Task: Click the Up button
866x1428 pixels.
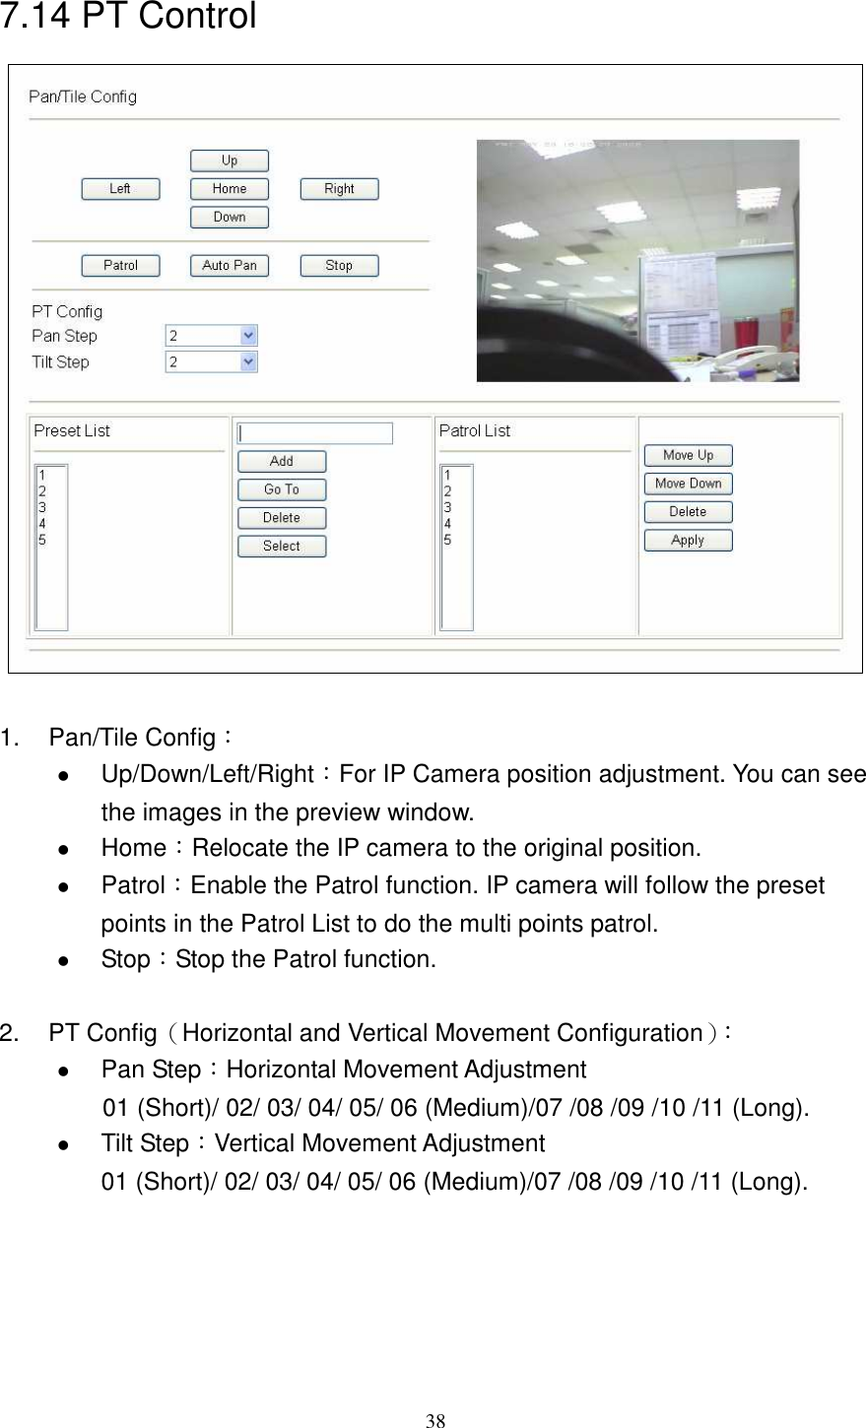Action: [229, 161]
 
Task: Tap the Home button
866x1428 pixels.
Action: [229, 189]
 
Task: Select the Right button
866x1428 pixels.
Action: [339, 189]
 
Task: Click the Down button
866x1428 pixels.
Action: [229, 218]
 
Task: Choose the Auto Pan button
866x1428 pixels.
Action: [229, 266]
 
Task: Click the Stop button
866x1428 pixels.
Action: [339, 266]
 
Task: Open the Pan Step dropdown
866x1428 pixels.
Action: [211, 336]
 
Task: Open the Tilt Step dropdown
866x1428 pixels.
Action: [211, 362]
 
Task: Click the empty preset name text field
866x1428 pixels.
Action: [314, 433]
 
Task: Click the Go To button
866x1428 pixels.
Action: [281, 489]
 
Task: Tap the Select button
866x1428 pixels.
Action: [281, 547]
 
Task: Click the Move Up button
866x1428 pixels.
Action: [688, 456]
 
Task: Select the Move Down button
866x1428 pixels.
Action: [688, 484]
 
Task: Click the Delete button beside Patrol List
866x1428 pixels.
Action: [688, 512]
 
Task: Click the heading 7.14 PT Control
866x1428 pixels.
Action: [129, 17]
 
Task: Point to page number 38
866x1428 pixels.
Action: [434, 1419]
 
